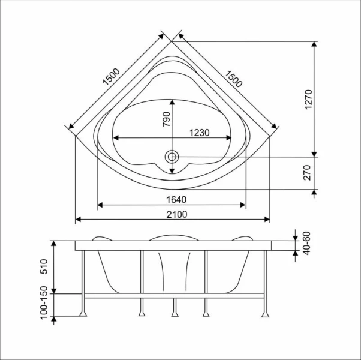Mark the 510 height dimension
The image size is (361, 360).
click(x=43, y=267)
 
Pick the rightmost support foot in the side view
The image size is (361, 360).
click(x=264, y=313)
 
